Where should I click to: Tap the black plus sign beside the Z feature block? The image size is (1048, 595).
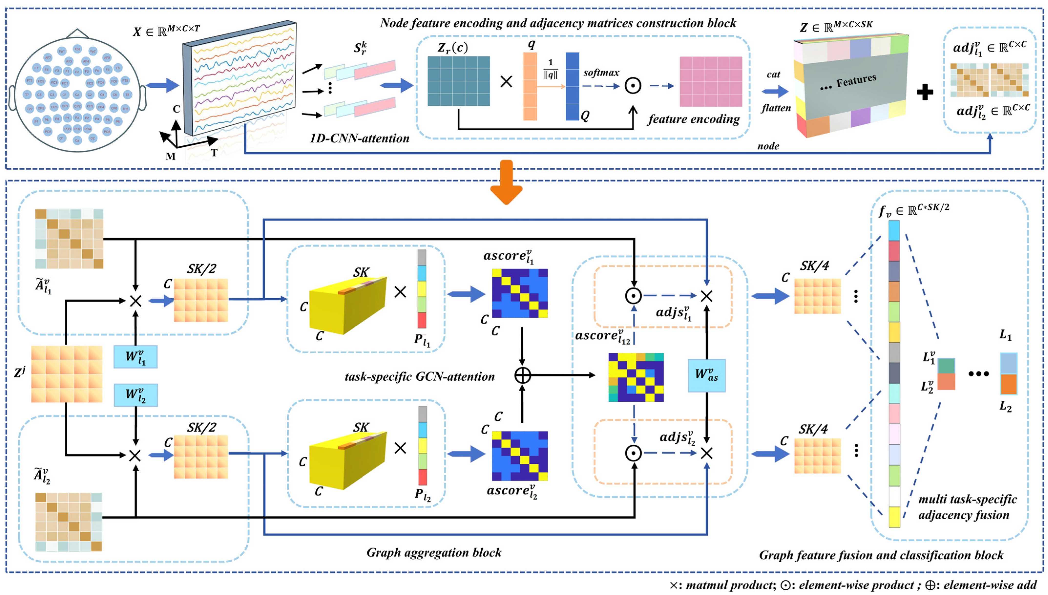[x=925, y=92]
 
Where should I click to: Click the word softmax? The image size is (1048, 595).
[x=601, y=73]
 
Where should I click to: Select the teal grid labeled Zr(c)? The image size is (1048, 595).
[x=458, y=81]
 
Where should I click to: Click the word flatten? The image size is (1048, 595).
[x=776, y=108]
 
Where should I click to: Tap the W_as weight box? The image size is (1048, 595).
[x=706, y=375]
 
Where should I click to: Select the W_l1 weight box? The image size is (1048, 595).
[x=135, y=357]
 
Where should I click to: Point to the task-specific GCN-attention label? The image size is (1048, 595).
[x=420, y=376]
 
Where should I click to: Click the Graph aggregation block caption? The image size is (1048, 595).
[x=434, y=553]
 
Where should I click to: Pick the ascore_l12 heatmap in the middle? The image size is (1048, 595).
[x=636, y=377]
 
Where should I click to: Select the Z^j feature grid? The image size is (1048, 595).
[x=67, y=374]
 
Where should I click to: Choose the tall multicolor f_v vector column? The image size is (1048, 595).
[x=894, y=374]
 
